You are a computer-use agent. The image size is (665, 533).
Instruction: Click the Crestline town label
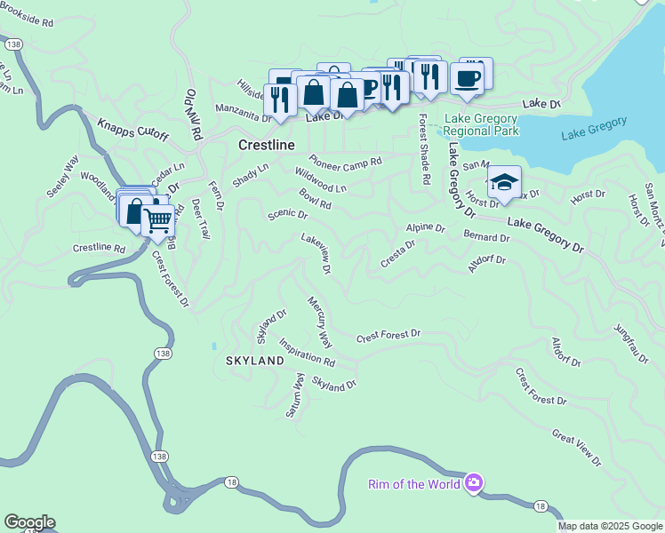coord(266,144)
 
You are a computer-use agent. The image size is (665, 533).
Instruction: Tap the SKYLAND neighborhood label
coord(254,361)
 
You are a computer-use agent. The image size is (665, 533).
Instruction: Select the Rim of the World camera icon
coord(473,483)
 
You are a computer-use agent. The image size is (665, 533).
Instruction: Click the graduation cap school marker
coord(504,183)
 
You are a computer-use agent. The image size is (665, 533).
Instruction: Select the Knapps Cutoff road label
coord(132,129)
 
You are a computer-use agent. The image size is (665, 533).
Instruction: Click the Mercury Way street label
coord(318,322)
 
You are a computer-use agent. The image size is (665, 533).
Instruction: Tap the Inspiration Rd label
coord(307,352)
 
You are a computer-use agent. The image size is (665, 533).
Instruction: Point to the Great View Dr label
coord(576,448)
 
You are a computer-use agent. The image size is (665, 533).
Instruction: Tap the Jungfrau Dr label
coord(632,342)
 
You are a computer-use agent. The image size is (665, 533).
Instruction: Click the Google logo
coord(29,522)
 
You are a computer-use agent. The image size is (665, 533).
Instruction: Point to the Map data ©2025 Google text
coord(610,526)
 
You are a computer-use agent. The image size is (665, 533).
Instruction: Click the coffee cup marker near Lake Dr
coord(467,79)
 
